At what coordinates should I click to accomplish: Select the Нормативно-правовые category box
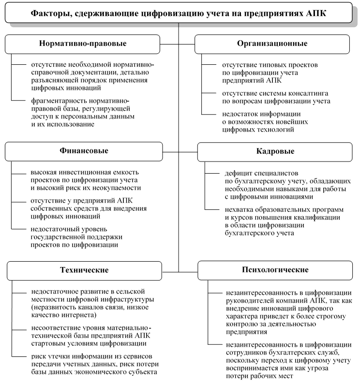tap(83, 44)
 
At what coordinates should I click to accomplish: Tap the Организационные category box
tap(272, 44)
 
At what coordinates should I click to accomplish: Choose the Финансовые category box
tap(83, 151)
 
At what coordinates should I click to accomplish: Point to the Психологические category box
tap(272, 269)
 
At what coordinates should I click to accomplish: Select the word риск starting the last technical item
tap(39, 356)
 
